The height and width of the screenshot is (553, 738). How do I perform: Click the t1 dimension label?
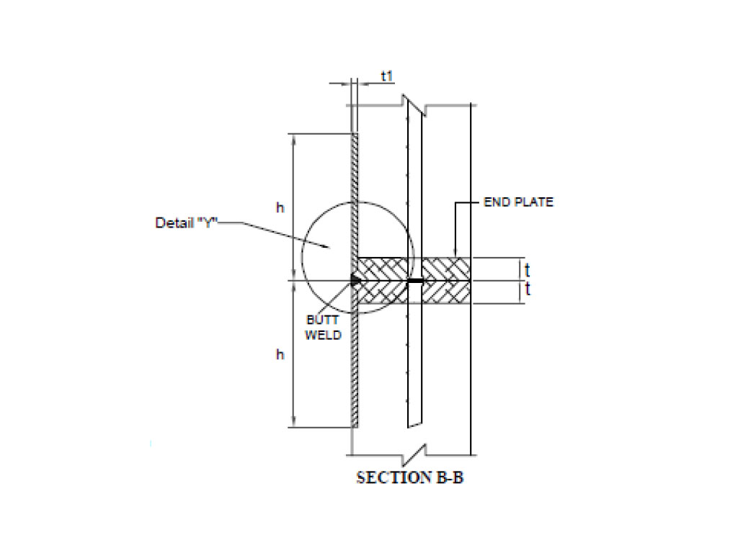(387, 76)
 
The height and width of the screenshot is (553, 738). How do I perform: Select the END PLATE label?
(519, 202)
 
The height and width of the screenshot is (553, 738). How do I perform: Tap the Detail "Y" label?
(187, 222)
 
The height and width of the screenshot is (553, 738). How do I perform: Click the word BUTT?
(322, 320)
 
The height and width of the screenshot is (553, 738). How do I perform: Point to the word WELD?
(323, 336)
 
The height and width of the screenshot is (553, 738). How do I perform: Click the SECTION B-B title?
(410, 478)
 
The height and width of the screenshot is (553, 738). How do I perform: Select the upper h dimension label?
(280, 207)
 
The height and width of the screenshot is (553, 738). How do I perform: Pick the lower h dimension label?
(280, 354)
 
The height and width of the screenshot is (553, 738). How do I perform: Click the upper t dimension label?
(527, 270)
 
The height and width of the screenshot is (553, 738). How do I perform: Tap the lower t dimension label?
(527, 289)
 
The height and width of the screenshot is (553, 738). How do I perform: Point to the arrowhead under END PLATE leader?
(455, 253)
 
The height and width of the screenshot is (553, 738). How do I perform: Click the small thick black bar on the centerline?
(415, 281)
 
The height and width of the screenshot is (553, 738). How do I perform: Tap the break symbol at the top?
(414, 105)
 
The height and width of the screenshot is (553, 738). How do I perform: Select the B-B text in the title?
(450, 478)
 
